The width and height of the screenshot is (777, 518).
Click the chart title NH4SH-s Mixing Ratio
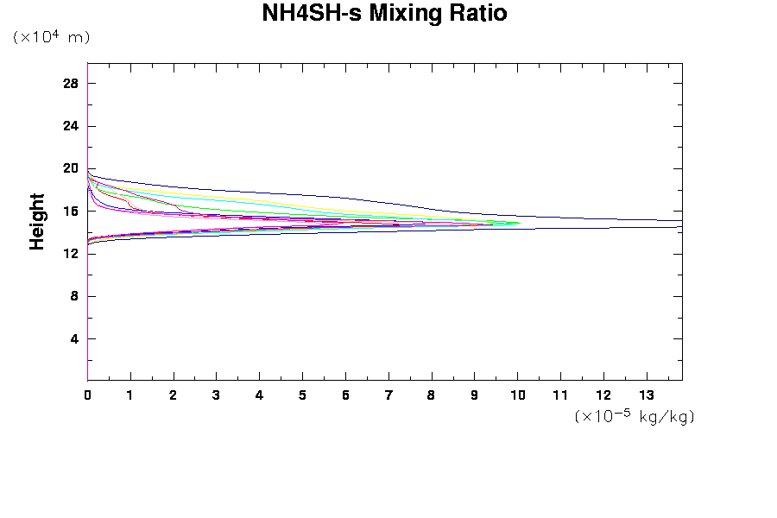(x=384, y=14)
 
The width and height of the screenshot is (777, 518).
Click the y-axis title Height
(x=37, y=222)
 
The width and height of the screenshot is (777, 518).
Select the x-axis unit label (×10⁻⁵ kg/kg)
(x=635, y=416)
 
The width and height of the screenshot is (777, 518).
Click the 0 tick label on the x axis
(x=87, y=395)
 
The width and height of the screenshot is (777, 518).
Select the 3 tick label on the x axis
(x=217, y=395)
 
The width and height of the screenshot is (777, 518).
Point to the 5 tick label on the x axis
(x=302, y=395)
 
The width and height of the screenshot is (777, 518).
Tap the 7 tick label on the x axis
(x=388, y=395)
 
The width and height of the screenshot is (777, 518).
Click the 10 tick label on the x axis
(x=517, y=395)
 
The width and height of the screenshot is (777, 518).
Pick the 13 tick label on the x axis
(x=647, y=395)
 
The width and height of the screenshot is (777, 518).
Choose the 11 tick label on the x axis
(x=560, y=395)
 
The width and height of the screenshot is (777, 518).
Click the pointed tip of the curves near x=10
(x=521, y=223)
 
